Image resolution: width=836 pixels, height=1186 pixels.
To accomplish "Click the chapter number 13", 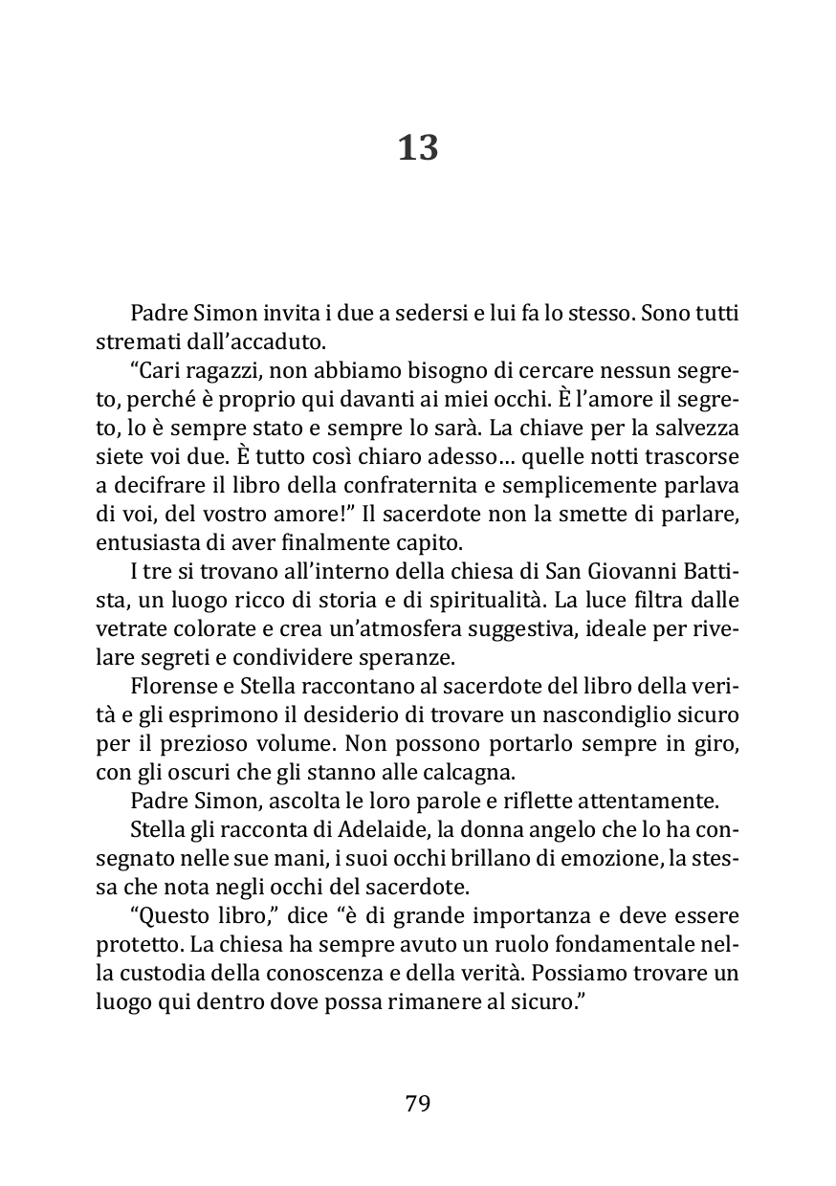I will (418, 148).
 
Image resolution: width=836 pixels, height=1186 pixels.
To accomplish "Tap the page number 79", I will (418, 1104).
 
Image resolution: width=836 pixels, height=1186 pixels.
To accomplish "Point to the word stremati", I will (133, 340).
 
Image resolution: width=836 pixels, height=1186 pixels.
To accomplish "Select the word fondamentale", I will (620, 946).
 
